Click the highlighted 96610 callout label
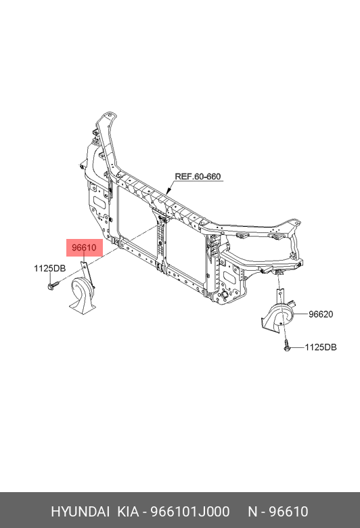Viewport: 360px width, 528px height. point(84,248)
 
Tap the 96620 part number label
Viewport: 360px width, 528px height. point(321,314)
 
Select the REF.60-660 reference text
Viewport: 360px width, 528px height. point(198,177)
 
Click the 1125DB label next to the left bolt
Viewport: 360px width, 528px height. point(50,268)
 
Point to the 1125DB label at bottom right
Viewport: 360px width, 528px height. point(321,347)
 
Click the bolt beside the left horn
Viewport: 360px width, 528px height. point(53,286)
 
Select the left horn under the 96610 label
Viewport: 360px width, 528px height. point(82,295)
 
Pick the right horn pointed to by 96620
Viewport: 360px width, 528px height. point(278,317)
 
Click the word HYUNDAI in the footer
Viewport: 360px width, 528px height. point(80,511)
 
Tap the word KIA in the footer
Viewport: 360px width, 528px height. point(128,511)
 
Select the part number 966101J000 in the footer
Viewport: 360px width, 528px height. point(189,511)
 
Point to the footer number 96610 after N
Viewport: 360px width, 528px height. point(288,511)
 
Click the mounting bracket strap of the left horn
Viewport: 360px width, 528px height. point(87,273)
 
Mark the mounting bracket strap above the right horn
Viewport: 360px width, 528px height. point(280,297)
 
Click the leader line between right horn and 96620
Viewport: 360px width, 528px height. point(301,314)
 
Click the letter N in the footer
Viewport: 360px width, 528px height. point(252,511)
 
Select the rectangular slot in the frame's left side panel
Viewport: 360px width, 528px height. point(99,202)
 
